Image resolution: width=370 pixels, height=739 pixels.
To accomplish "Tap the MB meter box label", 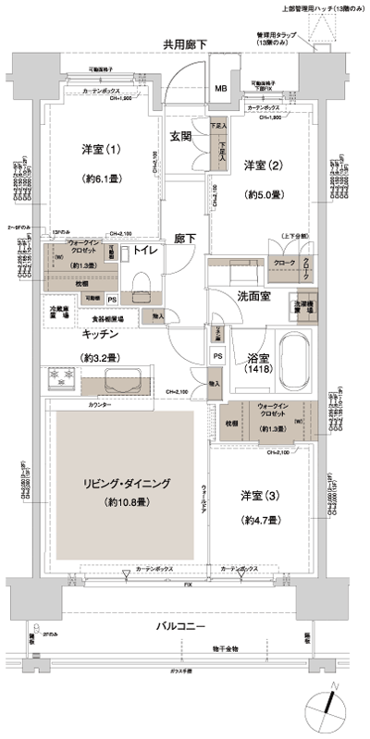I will click(x=221, y=89).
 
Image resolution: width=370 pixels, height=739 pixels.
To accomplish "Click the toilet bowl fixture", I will click(x=142, y=281).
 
